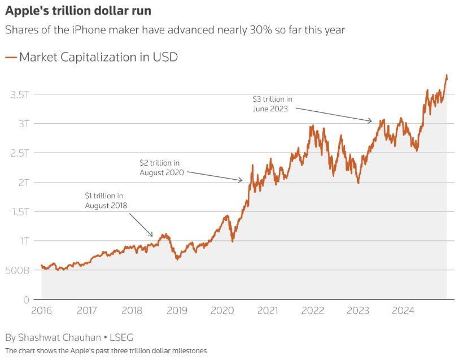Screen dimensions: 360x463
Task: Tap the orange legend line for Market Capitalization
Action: point(11,57)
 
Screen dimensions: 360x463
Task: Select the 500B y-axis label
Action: point(19,270)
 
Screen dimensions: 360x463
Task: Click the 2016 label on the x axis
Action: point(41,310)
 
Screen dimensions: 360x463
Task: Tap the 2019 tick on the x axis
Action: point(177,310)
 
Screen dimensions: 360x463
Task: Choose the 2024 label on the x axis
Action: point(403,310)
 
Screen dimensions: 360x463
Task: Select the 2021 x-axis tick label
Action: point(267,310)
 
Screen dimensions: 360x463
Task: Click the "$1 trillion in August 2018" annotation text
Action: point(106,200)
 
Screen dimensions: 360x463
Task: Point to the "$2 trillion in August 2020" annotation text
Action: point(162,168)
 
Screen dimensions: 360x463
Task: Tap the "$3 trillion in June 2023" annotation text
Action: point(272,104)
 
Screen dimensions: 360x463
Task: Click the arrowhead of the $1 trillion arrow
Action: point(152,236)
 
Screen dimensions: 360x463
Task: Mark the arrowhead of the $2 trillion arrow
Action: point(242,181)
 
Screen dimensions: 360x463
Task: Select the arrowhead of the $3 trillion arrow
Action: point(370,120)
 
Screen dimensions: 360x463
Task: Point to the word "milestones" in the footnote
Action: point(189,351)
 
